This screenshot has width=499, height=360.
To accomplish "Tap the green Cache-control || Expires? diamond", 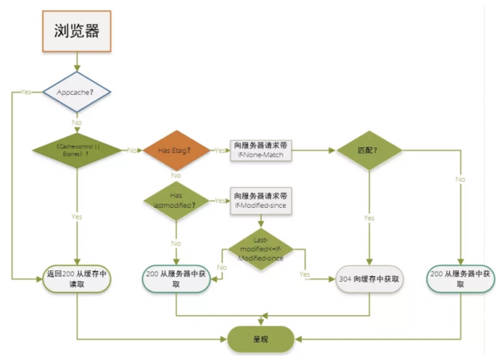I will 77,150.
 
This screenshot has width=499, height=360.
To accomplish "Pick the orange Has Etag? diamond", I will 176,150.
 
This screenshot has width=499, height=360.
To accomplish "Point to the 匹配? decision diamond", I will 368,150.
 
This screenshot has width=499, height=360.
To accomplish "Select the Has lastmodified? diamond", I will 176,200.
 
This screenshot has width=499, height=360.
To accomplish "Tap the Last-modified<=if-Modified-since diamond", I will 263,247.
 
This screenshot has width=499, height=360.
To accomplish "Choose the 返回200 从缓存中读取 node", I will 77,279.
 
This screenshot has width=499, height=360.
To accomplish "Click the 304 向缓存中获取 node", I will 368,279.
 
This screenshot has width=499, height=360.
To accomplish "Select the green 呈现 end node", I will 259,338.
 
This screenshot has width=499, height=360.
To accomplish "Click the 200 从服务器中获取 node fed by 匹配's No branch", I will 461,279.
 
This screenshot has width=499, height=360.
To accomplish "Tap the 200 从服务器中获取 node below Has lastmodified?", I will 176,279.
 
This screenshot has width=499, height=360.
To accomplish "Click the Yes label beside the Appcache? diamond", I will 25,91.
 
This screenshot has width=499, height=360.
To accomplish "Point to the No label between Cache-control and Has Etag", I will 131,150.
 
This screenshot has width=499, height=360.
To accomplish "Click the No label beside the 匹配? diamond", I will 460,179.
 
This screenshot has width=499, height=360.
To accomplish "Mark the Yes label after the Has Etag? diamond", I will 220,150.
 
